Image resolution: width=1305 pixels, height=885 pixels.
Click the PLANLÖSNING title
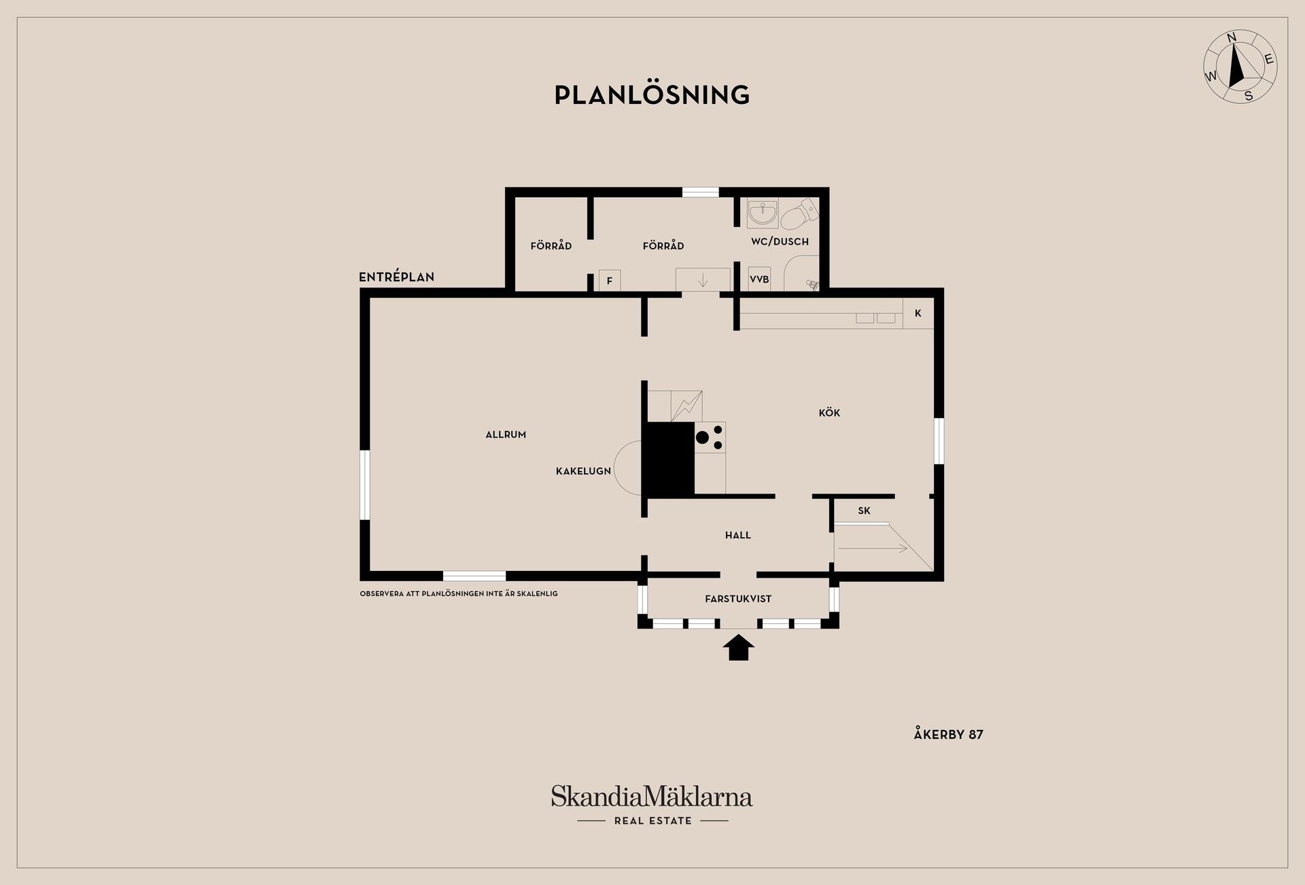pyautogui.click(x=652, y=94)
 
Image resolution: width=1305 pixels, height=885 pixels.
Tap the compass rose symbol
pyautogui.click(x=1240, y=67)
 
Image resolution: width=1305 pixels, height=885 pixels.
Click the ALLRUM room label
pyautogui.click(x=506, y=435)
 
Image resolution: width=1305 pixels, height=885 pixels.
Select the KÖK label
pyautogui.click(x=829, y=413)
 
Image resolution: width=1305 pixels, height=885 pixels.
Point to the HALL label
pyautogui.click(x=737, y=536)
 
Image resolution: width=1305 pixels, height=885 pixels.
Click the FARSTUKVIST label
pyautogui.click(x=738, y=599)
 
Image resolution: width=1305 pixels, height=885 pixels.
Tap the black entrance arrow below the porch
pyautogui.click(x=738, y=648)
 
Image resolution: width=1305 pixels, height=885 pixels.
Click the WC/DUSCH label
pyautogui.click(x=780, y=241)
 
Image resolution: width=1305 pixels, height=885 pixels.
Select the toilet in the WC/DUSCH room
pyautogui.click(x=800, y=213)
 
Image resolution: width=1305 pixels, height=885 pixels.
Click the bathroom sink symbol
pyautogui.click(x=763, y=213)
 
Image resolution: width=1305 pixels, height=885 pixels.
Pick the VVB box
pyautogui.click(x=759, y=279)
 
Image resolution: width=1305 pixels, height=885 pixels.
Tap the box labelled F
pyautogui.click(x=610, y=281)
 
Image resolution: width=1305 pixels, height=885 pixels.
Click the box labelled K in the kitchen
pyautogui.click(x=918, y=313)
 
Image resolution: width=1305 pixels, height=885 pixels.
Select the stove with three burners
pyautogui.click(x=710, y=438)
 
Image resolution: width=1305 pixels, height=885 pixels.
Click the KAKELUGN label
pyautogui.click(x=583, y=471)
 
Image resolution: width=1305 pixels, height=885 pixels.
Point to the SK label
pyautogui.click(x=864, y=511)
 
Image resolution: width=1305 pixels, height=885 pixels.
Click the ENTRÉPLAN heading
pyautogui.click(x=396, y=277)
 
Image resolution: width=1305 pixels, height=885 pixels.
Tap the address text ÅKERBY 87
pyautogui.click(x=948, y=734)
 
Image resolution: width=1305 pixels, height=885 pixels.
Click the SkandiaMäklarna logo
pyautogui.click(x=652, y=805)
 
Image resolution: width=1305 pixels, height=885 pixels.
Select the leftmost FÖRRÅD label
pyautogui.click(x=551, y=245)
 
